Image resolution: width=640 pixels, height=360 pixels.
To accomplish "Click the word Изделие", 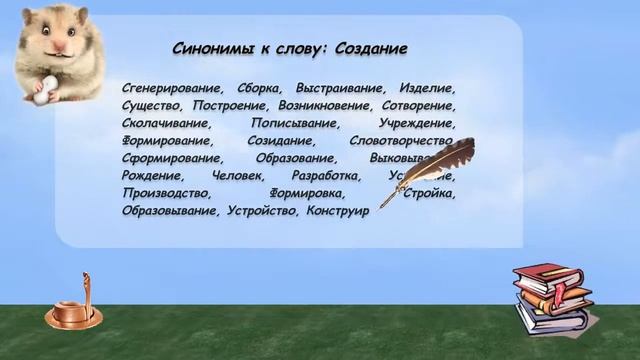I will pyautogui.click(x=427, y=87).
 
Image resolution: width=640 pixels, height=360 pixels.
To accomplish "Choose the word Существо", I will pyautogui.click(x=150, y=105).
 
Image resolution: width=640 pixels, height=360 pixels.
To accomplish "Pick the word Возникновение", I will pyautogui.click(x=324, y=105).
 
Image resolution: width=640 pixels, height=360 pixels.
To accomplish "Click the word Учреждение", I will pyautogui.click(x=417, y=123).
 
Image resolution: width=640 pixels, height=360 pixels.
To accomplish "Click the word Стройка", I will pyautogui.click(x=430, y=194).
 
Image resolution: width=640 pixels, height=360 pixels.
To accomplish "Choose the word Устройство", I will pyautogui.click(x=267, y=212).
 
